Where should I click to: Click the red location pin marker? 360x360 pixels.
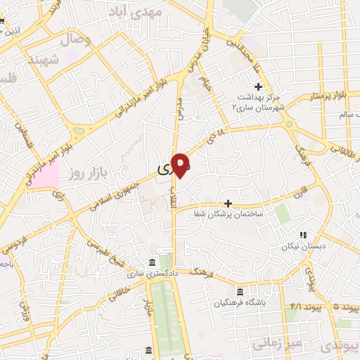point(181,164)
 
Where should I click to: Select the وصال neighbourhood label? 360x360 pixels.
point(77,39)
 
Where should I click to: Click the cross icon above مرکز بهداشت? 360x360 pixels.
point(258,86)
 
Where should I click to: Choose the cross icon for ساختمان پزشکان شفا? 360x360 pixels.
point(227,202)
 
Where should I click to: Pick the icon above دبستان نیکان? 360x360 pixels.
point(303,235)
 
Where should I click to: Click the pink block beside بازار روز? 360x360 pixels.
point(46,176)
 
